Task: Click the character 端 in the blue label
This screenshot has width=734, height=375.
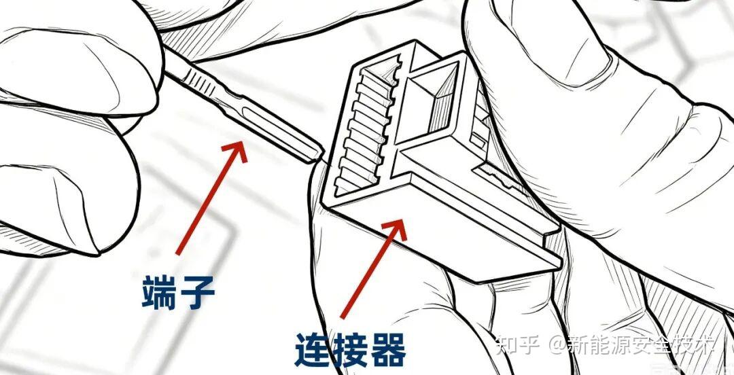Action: coord(159,293)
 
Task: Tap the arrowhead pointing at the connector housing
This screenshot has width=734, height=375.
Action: coord(396,229)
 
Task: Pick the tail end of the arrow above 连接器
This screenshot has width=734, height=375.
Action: coord(342,317)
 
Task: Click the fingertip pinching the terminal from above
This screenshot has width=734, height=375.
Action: coord(80,70)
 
